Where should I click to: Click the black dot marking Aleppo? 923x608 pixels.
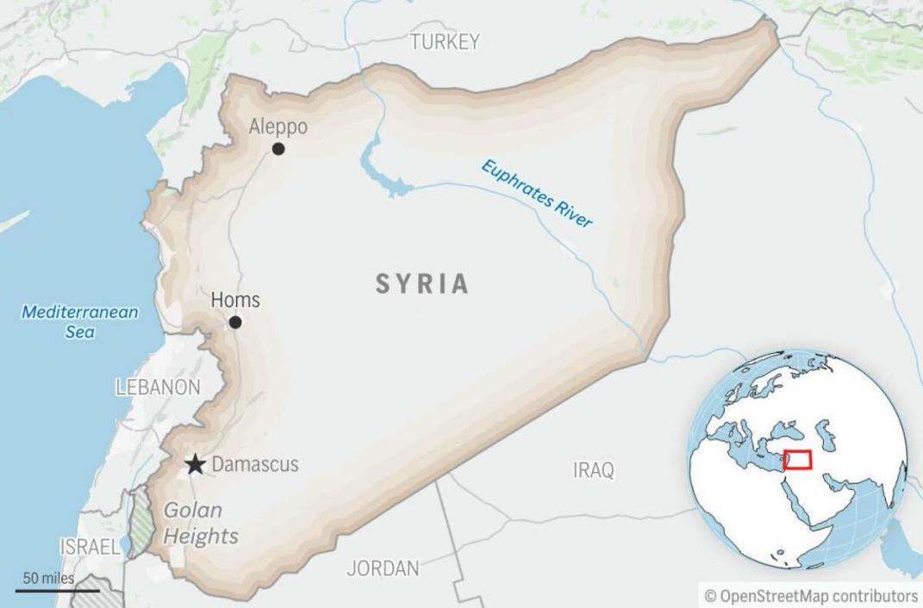point(278,149)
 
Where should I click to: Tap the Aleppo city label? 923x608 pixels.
point(278,127)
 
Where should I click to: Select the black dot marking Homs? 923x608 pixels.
point(234,322)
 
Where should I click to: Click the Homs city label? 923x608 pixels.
point(235,301)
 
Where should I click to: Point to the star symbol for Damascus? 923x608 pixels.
point(196,465)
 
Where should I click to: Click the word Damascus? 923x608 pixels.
point(255,465)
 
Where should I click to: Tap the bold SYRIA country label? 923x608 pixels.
point(422,283)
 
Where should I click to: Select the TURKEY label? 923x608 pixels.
point(445,41)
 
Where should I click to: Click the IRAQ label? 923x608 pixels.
point(594,470)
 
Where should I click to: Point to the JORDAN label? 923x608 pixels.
point(383,568)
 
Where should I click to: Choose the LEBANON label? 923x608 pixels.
point(158,388)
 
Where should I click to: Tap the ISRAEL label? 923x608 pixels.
point(90,546)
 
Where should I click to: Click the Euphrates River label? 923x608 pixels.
point(537,194)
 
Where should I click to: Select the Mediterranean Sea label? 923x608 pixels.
point(79,321)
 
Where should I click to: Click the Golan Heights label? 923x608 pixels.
point(200,523)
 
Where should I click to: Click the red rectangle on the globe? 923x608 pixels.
point(797,459)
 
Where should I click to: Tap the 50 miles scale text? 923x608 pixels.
point(48,578)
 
